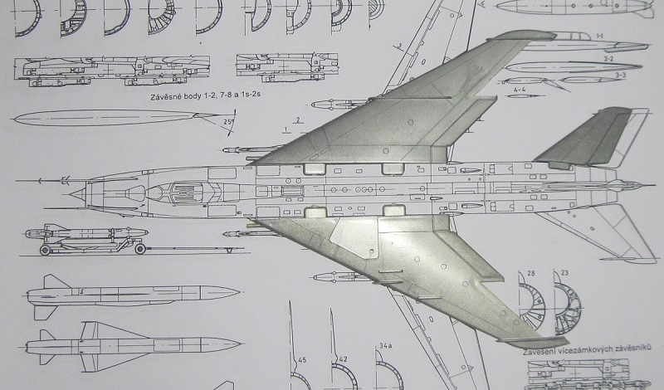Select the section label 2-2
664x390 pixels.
click(608, 59)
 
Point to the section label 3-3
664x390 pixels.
click(620, 74)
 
